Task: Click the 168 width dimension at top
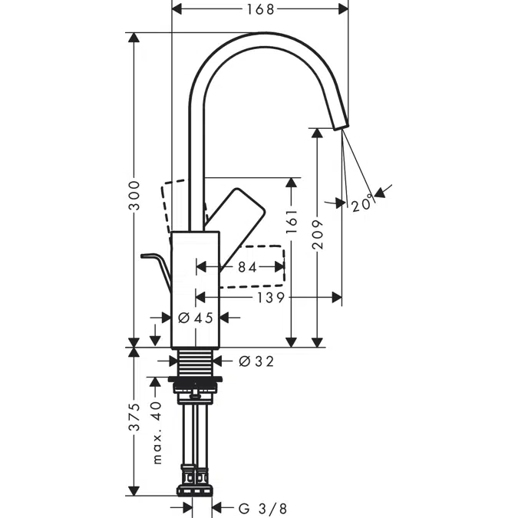pyautogui.click(x=260, y=9)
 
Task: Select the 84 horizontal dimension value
pyautogui.click(x=247, y=268)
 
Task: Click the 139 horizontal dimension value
pyautogui.click(x=270, y=297)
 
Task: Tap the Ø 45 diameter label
pyautogui.click(x=195, y=317)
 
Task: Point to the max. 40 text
pyautogui.click(x=157, y=433)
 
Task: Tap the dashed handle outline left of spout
pyautogui.click(x=175, y=206)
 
